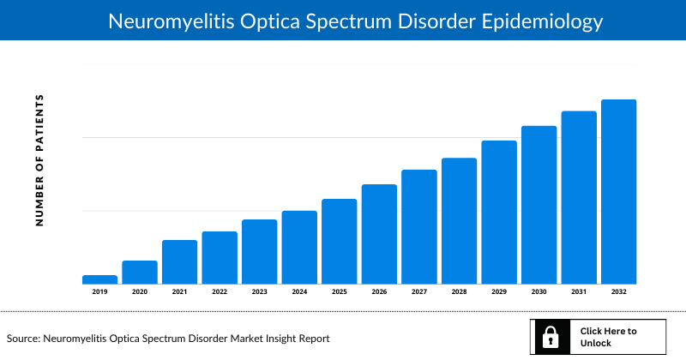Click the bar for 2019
pos(99,279)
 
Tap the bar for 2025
pos(339,242)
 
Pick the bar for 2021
pos(179,262)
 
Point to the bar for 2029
pos(498,213)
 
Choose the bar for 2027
pos(418,227)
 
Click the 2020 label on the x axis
pos(140,292)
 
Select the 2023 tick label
pos(259,292)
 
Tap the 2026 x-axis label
pos(379,292)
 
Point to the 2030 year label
pos(539,292)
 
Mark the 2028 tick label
pos(459,292)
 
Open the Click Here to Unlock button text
pos(608,337)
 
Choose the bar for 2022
pos(220,258)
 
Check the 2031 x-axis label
pos(579,292)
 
